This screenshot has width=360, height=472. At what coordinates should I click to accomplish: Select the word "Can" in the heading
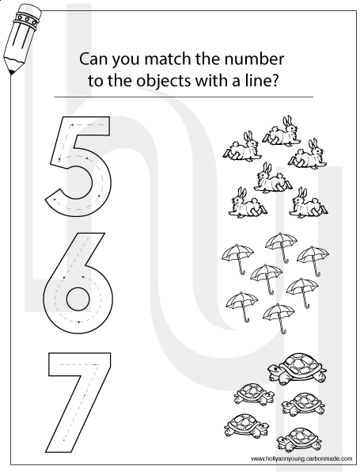(x=92, y=59)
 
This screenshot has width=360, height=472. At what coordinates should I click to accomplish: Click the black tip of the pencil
(x=12, y=73)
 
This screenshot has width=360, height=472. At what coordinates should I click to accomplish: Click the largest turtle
(x=297, y=367)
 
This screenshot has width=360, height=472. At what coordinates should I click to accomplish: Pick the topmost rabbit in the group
(x=282, y=131)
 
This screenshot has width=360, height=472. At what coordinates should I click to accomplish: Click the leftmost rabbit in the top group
(x=242, y=147)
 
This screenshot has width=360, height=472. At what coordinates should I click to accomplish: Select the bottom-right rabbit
(x=309, y=204)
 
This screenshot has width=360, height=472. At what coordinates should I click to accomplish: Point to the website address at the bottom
(x=301, y=459)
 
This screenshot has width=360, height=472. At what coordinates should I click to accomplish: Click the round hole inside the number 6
(x=78, y=299)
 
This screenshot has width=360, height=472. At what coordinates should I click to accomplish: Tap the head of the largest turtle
(x=274, y=368)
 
